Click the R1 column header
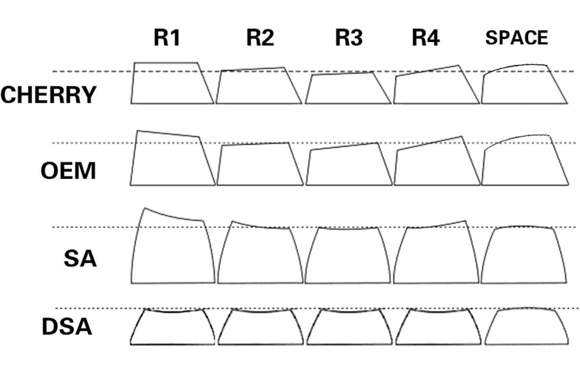167,37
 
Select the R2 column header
260,37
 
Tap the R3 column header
349,37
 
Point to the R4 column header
426,37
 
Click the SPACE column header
516,37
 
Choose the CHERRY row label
48,95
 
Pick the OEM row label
68,171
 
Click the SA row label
80,258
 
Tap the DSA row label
67,326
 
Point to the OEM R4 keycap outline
436,164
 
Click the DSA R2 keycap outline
261,328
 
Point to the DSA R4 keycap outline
438,328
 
